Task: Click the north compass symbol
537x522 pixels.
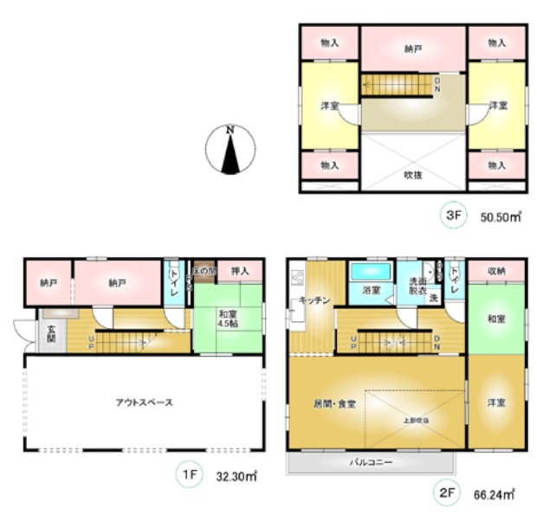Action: tap(230, 149)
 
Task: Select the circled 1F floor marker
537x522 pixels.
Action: tap(187, 473)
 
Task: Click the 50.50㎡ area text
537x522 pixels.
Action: tap(501, 218)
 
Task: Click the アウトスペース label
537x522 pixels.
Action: tap(145, 403)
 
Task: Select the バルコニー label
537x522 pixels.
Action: tap(372, 462)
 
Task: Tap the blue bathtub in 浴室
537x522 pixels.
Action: tap(371, 271)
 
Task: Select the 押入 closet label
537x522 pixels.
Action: tap(240, 271)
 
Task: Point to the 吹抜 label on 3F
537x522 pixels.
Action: tap(413, 175)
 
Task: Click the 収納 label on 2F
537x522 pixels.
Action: tap(496, 271)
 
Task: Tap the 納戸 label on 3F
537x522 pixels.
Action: tap(413, 49)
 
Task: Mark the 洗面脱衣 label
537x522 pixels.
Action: tap(417, 287)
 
